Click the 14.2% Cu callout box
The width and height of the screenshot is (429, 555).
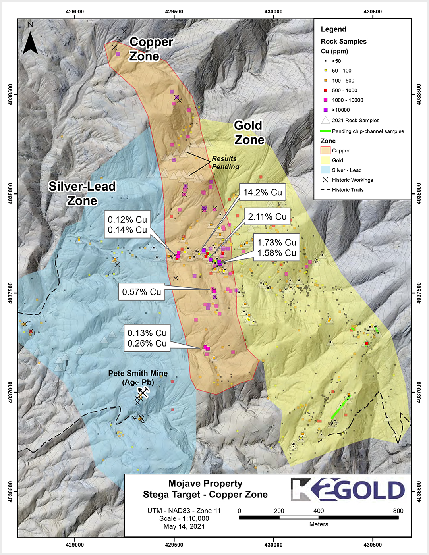pyautogui.click(x=263, y=193)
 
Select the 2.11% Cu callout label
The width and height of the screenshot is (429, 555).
pyautogui.click(x=267, y=217)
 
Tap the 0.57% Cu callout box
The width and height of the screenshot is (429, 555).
pyautogui.click(x=141, y=292)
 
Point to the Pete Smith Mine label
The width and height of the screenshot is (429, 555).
pyautogui.click(x=138, y=378)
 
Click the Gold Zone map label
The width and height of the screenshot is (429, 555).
pyautogui.click(x=249, y=133)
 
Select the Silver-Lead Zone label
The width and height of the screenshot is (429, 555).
pyautogui.click(x=82, y=193)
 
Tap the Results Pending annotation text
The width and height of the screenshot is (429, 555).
pyautogui.click(x=225, y=163)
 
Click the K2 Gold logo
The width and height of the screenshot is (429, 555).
pyautogui.click(x=348, y=490)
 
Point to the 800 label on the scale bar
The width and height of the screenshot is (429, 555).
pyautogui.click(x=398, y=511)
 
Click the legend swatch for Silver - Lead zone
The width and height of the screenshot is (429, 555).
pyautogui.click(x=325, y=170)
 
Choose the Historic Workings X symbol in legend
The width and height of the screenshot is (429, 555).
pyautogui.click(x=325, y=180)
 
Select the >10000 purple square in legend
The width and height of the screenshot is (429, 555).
pyautogui.click(x=325, y=110)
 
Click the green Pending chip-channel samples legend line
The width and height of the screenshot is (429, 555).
pyautogui.click(x=325, y=131)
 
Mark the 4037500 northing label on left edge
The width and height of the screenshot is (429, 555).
pyautogui.click(x=10, y=293)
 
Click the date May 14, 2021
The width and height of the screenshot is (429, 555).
pyautogui.click(x=184, y=526)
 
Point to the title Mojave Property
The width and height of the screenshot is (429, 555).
pyautogui.click(x=205, y=484)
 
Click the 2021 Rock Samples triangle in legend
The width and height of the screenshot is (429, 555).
pyautogui.click(x=325, y=120)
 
